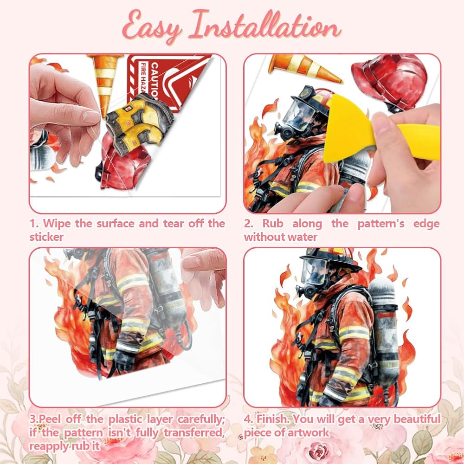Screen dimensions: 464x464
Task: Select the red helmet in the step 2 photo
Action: coord(391,84)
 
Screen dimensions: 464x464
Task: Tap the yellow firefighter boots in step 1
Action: coord(138,123)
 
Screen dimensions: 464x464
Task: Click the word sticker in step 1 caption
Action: coord(46,237)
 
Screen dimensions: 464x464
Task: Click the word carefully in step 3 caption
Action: coord(201,419)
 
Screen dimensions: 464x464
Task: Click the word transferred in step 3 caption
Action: coord(194,433)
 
